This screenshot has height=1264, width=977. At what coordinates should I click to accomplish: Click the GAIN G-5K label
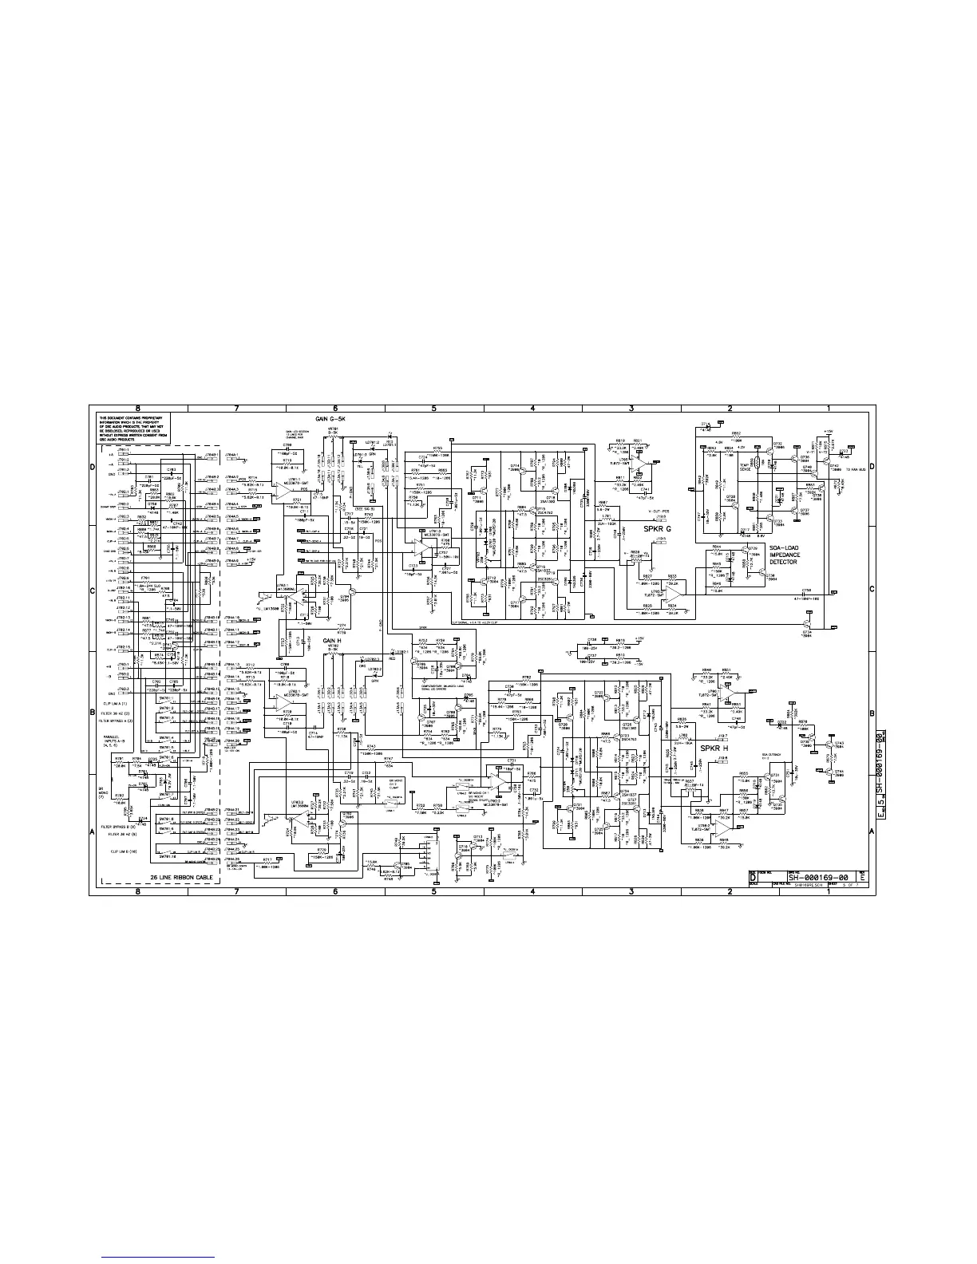pyautogui.click(x=333, y=419)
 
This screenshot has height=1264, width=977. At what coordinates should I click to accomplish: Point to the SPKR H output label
pyautogui.click(x=714, y=749)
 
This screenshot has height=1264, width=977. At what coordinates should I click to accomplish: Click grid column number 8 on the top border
pyautogui.click(x=138, y=409)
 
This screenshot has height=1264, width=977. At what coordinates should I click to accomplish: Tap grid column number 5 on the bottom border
pyautogui.click(x=433, y=891)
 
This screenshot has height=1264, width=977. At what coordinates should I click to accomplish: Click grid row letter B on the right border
pyautogui.click(x=871, y=712)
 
